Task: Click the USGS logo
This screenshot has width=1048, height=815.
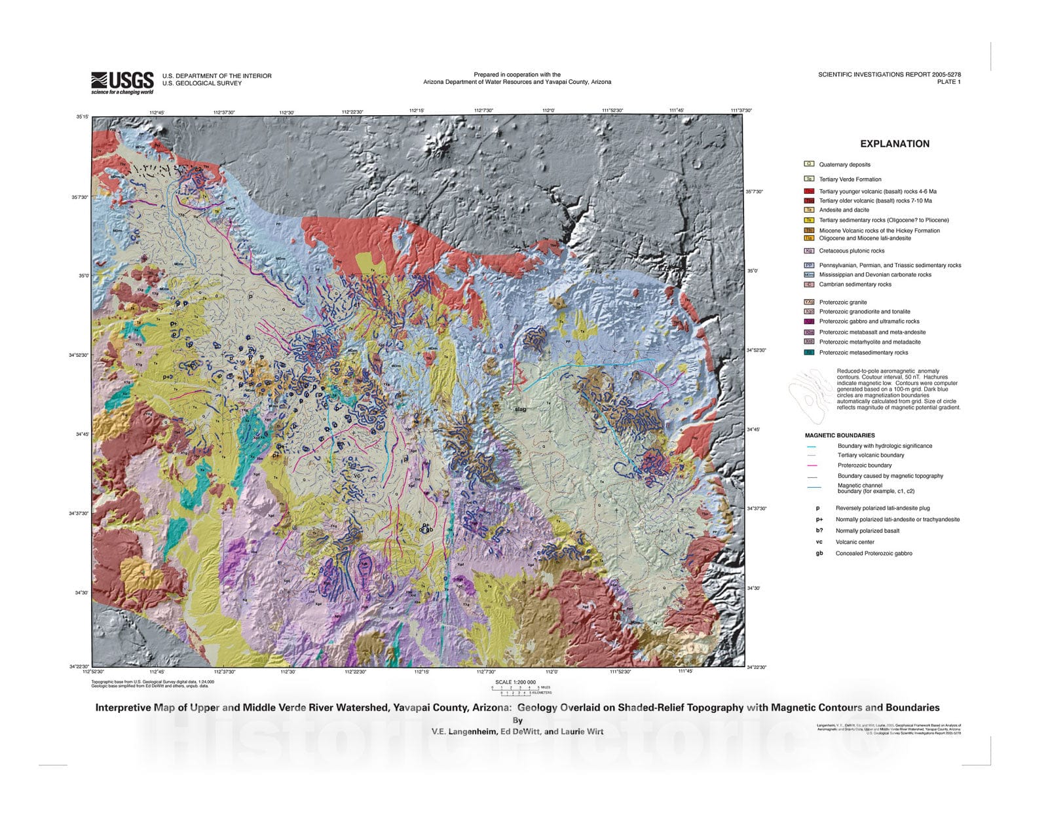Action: [122, 82]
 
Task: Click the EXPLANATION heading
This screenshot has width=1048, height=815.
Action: [894, 144]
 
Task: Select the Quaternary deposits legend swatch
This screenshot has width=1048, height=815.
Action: [809, 164]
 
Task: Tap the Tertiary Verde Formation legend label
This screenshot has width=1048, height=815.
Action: [850, 179]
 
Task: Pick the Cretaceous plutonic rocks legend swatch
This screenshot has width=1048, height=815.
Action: [809, 251]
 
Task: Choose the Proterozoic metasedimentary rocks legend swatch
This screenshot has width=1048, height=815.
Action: [809, 352]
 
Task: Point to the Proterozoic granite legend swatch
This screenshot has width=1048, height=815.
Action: [809, 302]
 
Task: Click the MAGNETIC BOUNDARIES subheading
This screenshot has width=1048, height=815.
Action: [840, 435]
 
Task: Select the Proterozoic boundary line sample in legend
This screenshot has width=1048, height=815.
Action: [812, 465]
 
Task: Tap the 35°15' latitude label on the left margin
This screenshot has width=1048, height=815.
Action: [82, 117]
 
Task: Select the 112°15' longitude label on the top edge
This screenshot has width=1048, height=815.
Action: [417, 111]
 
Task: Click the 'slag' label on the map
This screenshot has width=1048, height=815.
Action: [521, 409]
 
